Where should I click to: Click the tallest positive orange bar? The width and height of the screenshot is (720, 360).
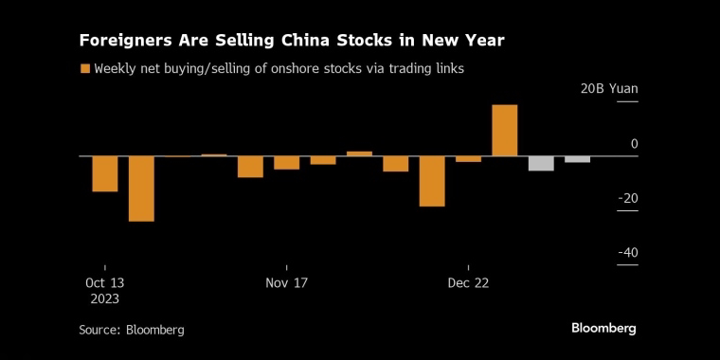tap(505, 131)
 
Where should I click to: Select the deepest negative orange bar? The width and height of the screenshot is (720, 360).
tap(141, 189)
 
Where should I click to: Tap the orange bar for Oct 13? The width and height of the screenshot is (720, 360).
tap(105, 173)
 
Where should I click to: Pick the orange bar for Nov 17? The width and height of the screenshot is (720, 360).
tap(287, 163)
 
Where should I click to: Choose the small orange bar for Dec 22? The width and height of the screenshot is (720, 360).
tap(468, 159)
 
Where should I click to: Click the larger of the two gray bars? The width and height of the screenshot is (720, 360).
tap(541, 164)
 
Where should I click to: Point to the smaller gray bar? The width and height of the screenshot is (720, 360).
tap(577, 159)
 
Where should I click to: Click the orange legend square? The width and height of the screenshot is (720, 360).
tap(85, 69)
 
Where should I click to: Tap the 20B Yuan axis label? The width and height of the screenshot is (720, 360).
tap(609, 89)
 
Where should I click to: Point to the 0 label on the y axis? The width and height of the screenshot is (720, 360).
tap(635, 144)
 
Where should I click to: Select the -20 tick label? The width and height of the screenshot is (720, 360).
tap(628, 198)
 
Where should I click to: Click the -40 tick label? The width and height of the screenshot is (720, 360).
tap(628, 253)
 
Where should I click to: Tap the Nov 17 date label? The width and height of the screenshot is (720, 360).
tap(286, 283)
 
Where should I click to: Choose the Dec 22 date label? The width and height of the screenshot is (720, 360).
tap(468, 283)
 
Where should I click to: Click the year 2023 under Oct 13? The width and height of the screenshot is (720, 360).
tap(105, 299)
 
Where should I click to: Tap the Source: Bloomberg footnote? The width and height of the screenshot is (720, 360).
tap(132, 330)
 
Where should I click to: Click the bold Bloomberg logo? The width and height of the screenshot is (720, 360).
tap(603, 329)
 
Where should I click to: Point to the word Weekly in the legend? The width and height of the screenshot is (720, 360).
tap(111, 69)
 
